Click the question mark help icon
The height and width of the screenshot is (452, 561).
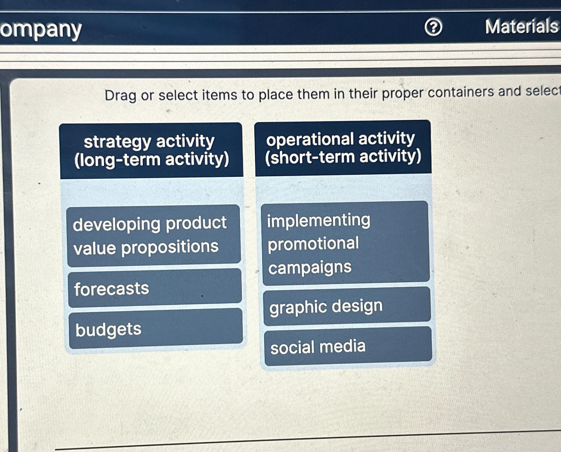click(x=433, y=27)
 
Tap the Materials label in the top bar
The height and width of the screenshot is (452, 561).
click(x=521, y=27)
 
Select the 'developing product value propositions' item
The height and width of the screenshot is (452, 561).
click(x=154, y=235)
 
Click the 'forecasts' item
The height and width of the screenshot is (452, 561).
click(x=155, y=288)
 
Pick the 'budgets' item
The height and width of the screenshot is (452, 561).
click(x=155, y=329)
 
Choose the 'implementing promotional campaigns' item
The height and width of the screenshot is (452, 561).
click(x=345, y=243)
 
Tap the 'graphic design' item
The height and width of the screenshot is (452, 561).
click(x=347, y=306)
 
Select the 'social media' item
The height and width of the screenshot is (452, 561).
click(x=348, y=346)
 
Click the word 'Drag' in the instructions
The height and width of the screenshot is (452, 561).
click(x=120, y=95)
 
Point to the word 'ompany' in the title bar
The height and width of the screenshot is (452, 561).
click(x=41, y=30)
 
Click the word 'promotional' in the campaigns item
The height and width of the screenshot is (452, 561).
click(x=313, y=244)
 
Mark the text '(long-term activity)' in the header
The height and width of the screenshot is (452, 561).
click(x=152, y=159)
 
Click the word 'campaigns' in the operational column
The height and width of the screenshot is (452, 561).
click(x=310, y=267)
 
